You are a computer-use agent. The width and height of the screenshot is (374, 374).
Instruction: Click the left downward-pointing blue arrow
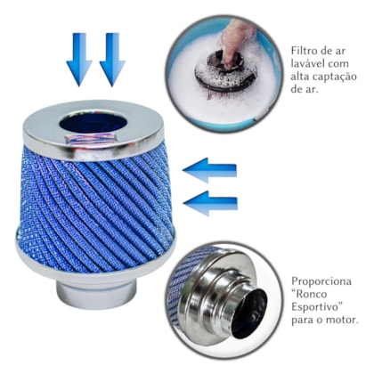pyautogui.click(x=79, y=59)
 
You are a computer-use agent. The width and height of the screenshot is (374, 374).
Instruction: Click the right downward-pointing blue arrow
pyautogui.click(x=112, y=59)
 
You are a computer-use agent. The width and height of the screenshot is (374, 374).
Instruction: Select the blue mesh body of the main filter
pyautogui.click(x=93, y=200)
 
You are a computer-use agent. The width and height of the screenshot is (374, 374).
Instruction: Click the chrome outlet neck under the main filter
pyautogui.click(x=94, y=288)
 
